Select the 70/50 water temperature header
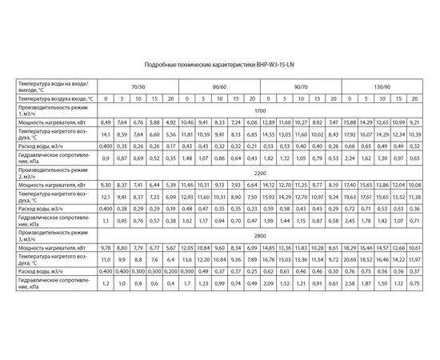(x=138, y=86)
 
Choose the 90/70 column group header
(x=300, y=86)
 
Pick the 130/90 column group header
(x=382, y=86)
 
